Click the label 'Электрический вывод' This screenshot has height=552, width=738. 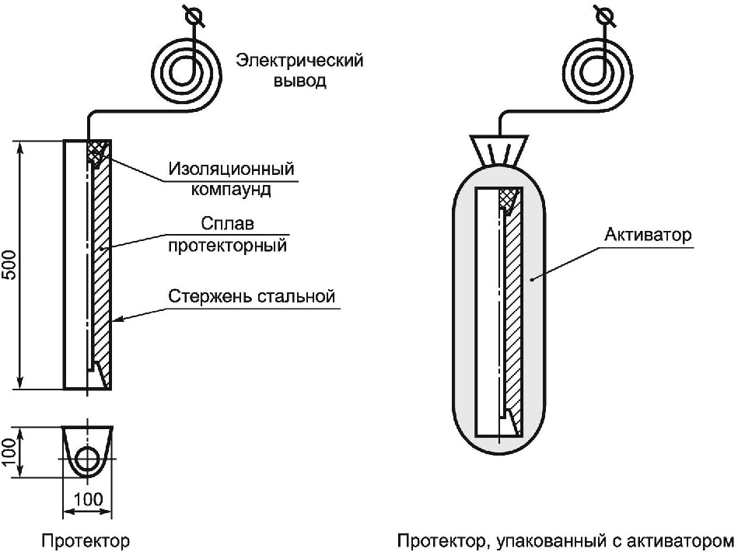point(299,70)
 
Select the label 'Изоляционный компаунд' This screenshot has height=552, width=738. point(234,178)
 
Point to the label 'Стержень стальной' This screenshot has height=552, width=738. point(251,296)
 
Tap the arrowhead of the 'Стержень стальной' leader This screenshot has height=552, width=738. point(116,320)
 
